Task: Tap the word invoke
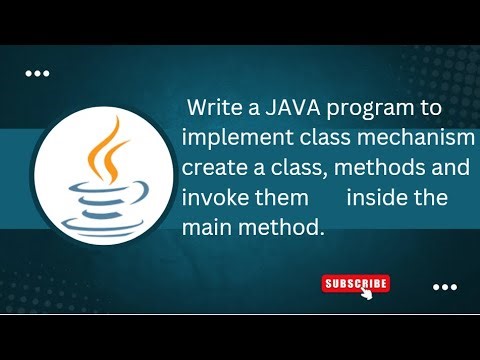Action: [214, 197]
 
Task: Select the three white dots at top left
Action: [37, 73]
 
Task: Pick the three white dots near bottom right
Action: [444, 288]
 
